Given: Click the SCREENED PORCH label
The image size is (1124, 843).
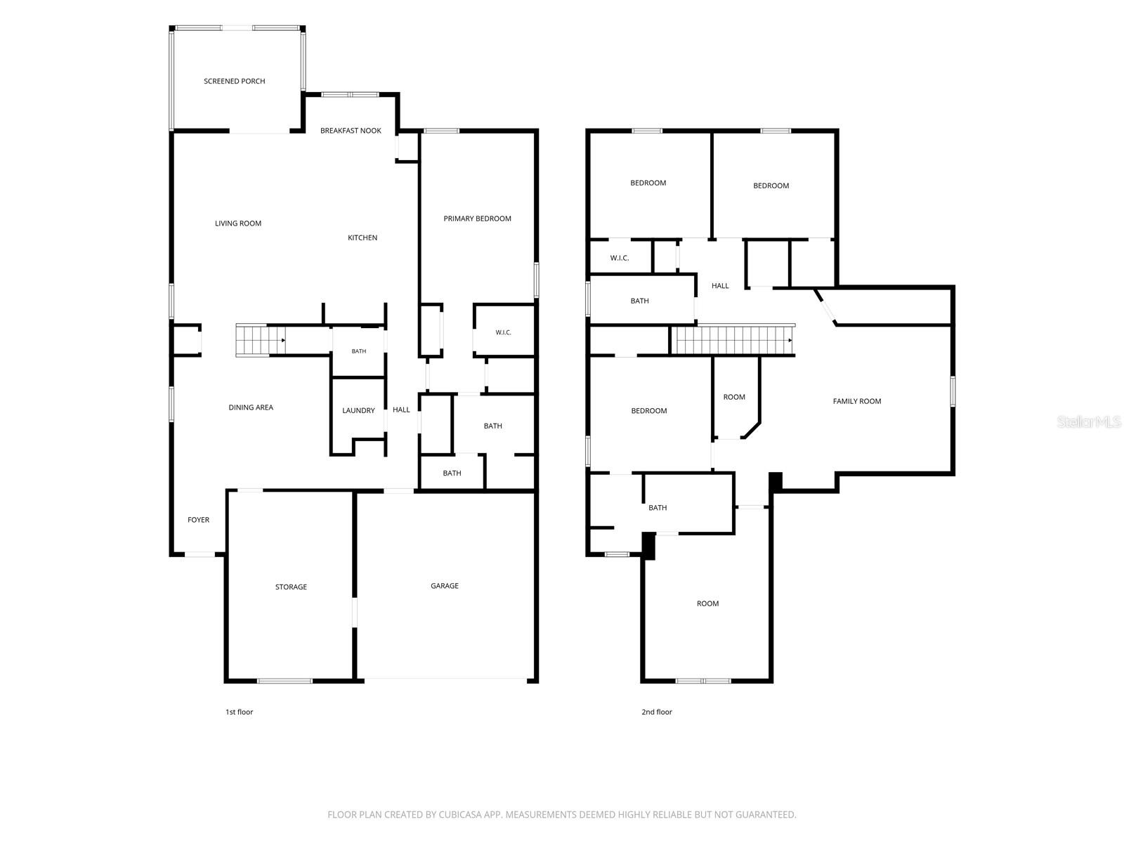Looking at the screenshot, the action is coord(234,81).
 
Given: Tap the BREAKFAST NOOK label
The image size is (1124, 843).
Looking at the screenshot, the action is coord(351,131).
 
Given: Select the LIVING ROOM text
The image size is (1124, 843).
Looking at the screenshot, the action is coord(237,223).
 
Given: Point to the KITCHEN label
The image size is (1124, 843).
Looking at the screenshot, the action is coord(362,237).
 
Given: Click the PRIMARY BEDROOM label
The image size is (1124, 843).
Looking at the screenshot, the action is coord(477,218).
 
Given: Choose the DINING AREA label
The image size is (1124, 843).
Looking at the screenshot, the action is coord(250,407).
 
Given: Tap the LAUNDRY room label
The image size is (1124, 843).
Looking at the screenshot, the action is coord(358,410).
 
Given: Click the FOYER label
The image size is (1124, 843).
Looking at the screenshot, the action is coord(198,520).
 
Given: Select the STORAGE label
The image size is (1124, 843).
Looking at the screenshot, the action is coord(291,587).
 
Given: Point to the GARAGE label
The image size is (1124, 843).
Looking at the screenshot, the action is coord(444,586).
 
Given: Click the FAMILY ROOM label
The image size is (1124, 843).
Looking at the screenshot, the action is coord(856,401).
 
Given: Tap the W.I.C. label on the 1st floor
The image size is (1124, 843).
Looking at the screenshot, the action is coord(503,333).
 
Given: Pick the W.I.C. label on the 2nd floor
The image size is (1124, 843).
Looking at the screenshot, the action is coord(619,258).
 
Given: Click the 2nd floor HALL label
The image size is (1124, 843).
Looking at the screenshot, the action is coord(719,286).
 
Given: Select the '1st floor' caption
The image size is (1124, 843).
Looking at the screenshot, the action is coord(239,712).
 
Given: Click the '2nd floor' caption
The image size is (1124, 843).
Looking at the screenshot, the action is coord(656,712).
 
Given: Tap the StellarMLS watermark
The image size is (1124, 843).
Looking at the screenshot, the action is coord(1089,421).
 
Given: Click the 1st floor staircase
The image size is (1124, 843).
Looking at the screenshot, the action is coord(261,340).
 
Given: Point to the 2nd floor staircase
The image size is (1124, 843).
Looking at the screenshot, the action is coord(732,340).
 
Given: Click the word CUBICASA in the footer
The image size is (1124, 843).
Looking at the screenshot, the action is coord(460,813).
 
